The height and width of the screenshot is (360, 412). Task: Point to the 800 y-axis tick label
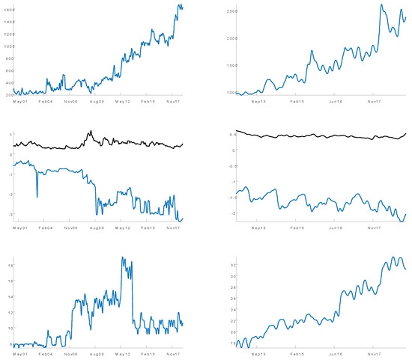coord(7,58)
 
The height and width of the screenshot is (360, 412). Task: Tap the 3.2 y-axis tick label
coord(232,265)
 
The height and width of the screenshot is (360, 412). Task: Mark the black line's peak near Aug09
coord(89,132)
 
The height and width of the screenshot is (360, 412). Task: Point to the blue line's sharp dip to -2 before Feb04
coord(37,197)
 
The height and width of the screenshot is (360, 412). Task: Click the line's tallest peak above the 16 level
coord(123,257)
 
